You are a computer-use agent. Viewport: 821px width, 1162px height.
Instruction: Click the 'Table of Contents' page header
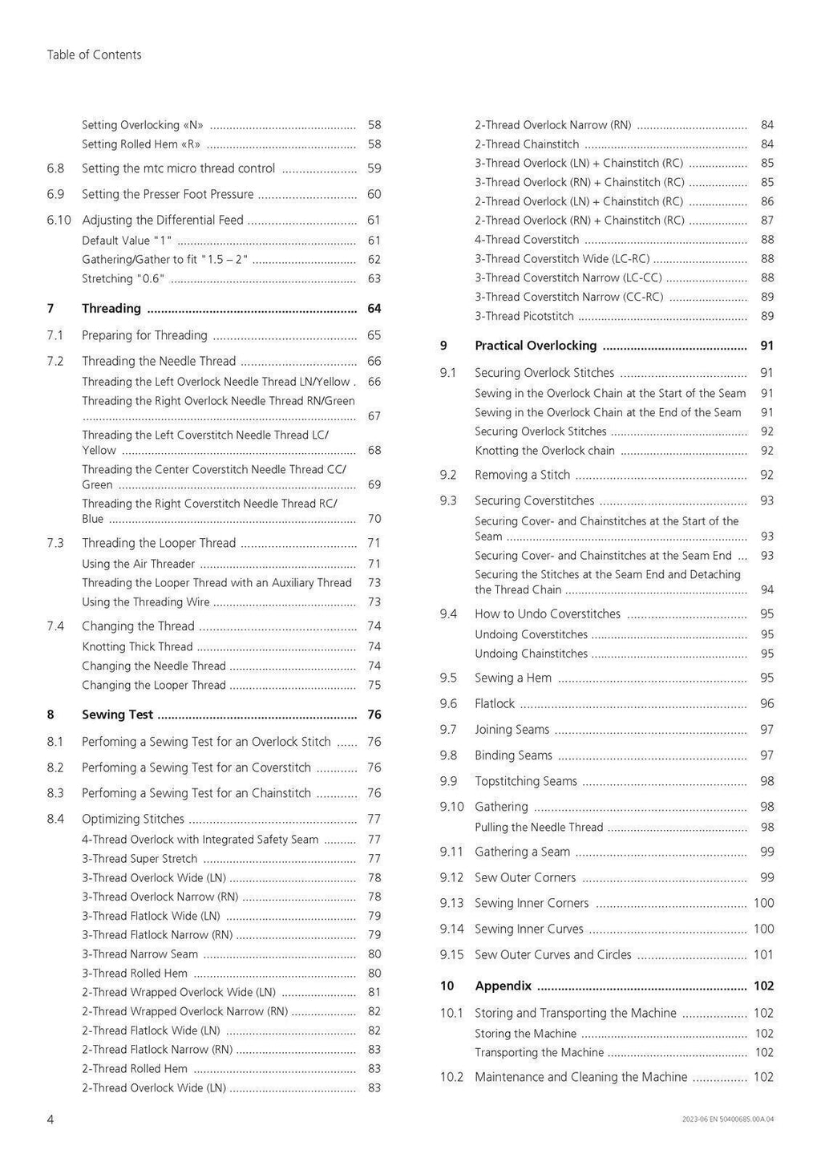click(x=94, y=55)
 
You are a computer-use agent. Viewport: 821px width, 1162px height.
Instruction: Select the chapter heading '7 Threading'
click(x=111, y=309)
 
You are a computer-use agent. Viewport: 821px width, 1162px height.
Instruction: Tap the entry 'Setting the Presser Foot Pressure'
click(x=168, y=194)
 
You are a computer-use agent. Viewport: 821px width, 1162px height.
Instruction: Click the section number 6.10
click(x=59, y=220)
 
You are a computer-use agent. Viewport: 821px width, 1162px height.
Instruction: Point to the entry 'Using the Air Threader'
click(x=138, y=564)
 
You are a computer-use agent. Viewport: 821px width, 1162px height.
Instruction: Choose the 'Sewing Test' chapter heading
click(x=117, y=715)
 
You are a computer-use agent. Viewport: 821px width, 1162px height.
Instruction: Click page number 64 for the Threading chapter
click(x=374, y=309)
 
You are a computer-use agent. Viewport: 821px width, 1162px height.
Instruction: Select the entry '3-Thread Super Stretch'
click(x=140, y=858)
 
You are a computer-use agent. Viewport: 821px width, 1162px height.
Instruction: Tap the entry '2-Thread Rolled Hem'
click(x=135, y=1068)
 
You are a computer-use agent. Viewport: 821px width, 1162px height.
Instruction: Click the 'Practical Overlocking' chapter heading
click(x=536, y=346)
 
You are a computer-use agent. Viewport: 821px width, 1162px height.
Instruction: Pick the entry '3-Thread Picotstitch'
click(x=524, y=316)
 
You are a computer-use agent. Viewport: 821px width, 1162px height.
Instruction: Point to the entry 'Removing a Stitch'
click(x=522, y=475)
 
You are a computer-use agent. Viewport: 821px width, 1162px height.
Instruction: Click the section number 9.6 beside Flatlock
click(x=448, y=703)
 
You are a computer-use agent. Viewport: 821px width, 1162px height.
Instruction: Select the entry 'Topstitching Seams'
click(x=525, y=781)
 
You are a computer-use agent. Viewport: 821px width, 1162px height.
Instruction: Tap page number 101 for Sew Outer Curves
click(x=763, y=954)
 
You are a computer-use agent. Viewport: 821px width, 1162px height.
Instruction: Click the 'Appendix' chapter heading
click(x=503, y=986)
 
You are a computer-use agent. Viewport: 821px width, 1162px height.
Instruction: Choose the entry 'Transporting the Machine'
click(x=539, y=1052)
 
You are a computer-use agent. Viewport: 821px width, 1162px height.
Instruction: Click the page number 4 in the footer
click(x=51, y=1119)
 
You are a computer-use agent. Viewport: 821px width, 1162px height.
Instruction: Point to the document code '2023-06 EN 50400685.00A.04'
click(x=728, y=1119)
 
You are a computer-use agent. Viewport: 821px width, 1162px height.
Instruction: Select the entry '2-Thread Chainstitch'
click(x=527, y=144)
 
